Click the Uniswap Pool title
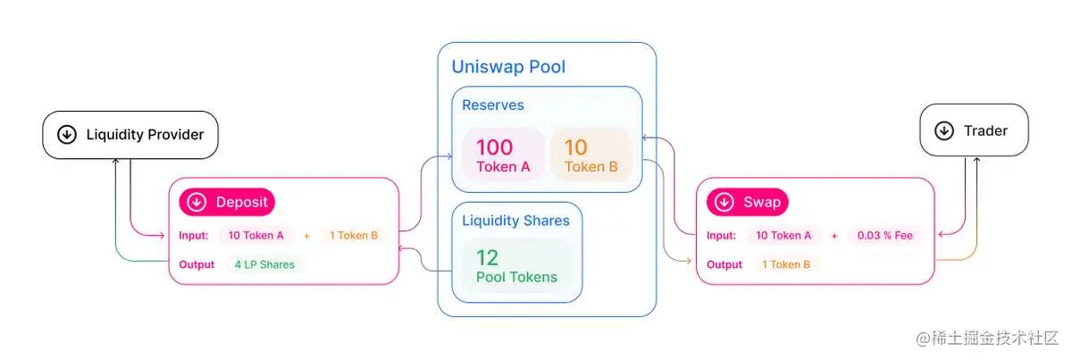[x=508, y=66]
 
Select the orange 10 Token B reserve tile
[x=590, y=155]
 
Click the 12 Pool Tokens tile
[x=516, y=266]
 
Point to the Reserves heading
[x=493, y=105]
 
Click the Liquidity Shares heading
[x=515, y=220]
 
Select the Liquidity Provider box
[x=130, y=135]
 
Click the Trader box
[x=974, y=130]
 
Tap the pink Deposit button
[x=228, y=202]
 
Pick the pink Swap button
[x=748, y=202]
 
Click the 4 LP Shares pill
[x=264, y=264]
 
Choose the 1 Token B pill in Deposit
[x=354, y=236]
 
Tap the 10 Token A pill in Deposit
[x=256, y=236]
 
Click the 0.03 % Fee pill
[x=885, y=236]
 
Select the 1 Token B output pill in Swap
[x=786, y=264]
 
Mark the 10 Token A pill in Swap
[x=784, y=236]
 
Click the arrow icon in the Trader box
[x=943, y=130]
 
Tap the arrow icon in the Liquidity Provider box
[x=66, y=135]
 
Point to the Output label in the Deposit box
[x=197, y=264]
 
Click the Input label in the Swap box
[x=721, y=236]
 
